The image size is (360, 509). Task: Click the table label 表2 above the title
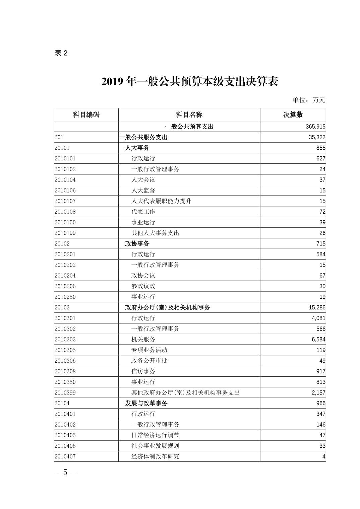click(x=61, y=53)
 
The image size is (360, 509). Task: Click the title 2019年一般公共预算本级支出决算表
click(x=190, y=81)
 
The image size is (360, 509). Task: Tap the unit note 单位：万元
click(x=309, y=99)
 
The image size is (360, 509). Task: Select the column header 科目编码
click(x=86, y=115)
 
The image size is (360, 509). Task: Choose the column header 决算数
click(x=293, y=115)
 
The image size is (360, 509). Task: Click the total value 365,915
click(x=315, y=127)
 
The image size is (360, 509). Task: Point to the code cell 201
click(x=59, y=137)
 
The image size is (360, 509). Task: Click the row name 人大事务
click(x=137, y=148)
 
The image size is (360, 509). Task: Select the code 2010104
click(x=65, y=180)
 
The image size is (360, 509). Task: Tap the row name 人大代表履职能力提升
click(x=161, y=201)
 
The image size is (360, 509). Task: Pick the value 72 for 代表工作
click(x=322, y=212)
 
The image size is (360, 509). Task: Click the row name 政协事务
click(x=137, y=243)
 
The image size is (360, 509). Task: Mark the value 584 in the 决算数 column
click(x=321, y=254)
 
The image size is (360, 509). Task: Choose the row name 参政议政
click(x=143, y=286)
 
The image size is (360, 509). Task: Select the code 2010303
click(x=65, y=339)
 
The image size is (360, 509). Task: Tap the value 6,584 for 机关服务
click(x=318, y=339)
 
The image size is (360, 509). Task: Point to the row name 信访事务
click(x=143, y=371)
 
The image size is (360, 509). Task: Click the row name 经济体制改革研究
click(x=155, y=456)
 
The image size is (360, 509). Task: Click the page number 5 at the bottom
click(x=65, y=472)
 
